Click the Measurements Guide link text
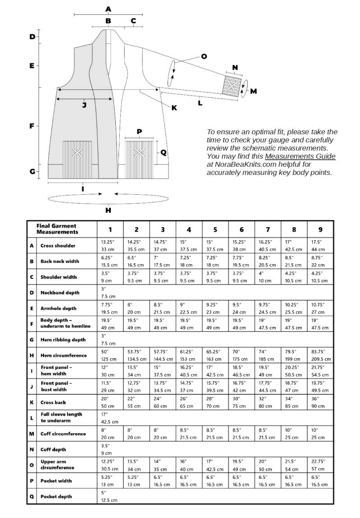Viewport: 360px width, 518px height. point(300,156)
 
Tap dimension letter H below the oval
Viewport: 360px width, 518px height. point(108,210)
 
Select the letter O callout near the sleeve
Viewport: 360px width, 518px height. point(204,56)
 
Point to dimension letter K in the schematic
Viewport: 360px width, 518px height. point(174,108)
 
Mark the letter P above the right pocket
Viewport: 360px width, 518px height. point(139,132)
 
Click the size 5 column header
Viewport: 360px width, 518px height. point(215,229)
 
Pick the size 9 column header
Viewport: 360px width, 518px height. point(320,229)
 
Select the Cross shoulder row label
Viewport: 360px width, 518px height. point(58,246)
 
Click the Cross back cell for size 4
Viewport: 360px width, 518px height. point(189,403)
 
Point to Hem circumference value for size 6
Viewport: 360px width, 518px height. point(242,355)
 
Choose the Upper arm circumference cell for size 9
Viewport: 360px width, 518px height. point(320,465)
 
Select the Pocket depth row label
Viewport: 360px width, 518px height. point(56,496)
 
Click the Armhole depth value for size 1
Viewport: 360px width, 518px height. point(110,308)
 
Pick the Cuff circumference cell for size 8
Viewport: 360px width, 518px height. point(294,434)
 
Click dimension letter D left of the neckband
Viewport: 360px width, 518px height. point(32,37)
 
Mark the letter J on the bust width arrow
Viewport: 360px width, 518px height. point(84,105)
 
